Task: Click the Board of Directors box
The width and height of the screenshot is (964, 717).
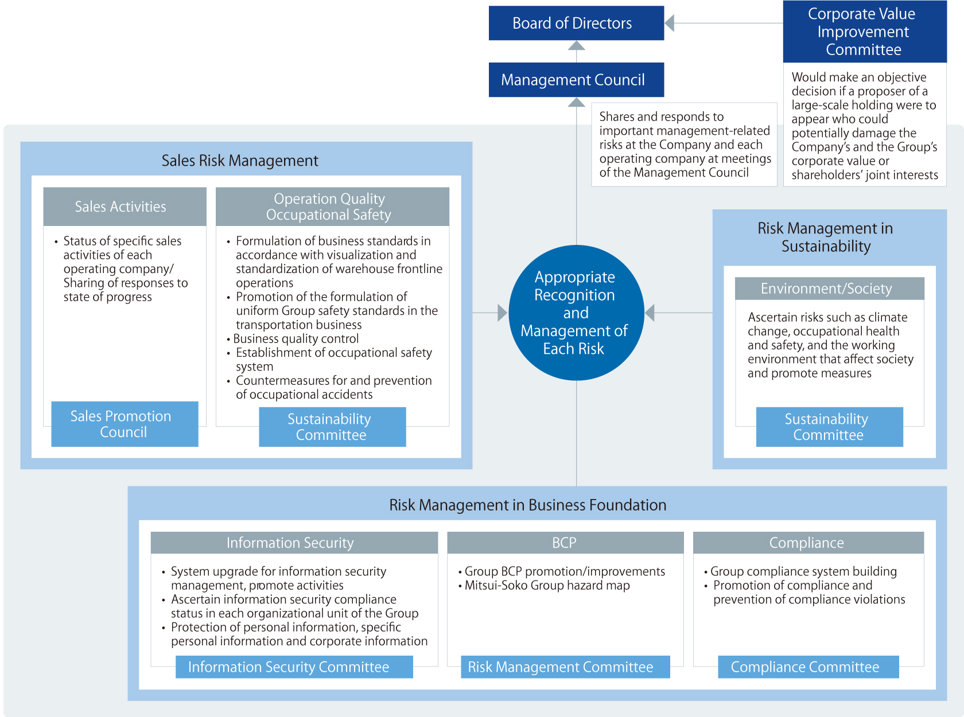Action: click(x=576, y=23)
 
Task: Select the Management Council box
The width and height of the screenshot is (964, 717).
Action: click(x=576, y=80)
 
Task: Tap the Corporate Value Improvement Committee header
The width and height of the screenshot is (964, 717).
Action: click(x=864, y=32)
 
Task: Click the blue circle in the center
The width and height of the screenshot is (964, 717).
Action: click(x=576, y=313)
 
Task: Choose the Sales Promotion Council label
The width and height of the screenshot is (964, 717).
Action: click(x=125, y=424)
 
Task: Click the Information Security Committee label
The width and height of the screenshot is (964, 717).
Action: click(x=294, y=667)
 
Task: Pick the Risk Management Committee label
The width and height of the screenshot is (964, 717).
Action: click(x=565, y=667)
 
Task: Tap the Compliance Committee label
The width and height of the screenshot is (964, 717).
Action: click(x=808, y=667)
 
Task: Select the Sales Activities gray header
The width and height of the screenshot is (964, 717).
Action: click(x=125, y=206)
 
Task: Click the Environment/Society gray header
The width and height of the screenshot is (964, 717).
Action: click(x=829, y=288)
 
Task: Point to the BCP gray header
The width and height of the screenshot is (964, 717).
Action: click(x=565, y=542)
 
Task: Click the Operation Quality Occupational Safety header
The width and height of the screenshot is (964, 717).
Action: click(x=332, y=206)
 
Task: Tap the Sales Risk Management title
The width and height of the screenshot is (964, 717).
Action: click(x=240, y=161)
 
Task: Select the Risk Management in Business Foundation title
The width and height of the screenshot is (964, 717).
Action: click(x=528, y=505)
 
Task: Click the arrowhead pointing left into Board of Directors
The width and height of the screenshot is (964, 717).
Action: click(x=669, y=23)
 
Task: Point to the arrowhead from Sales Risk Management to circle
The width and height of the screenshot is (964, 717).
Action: click(x=503, y=313)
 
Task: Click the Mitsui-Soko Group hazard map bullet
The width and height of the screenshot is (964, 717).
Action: click(x=544, y=585)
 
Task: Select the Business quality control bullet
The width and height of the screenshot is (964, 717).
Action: click(x=293, y=338)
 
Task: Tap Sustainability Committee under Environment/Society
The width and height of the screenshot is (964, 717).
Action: click(x=829, y=427)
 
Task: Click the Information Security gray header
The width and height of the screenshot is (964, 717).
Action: click(x=294, y=542)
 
